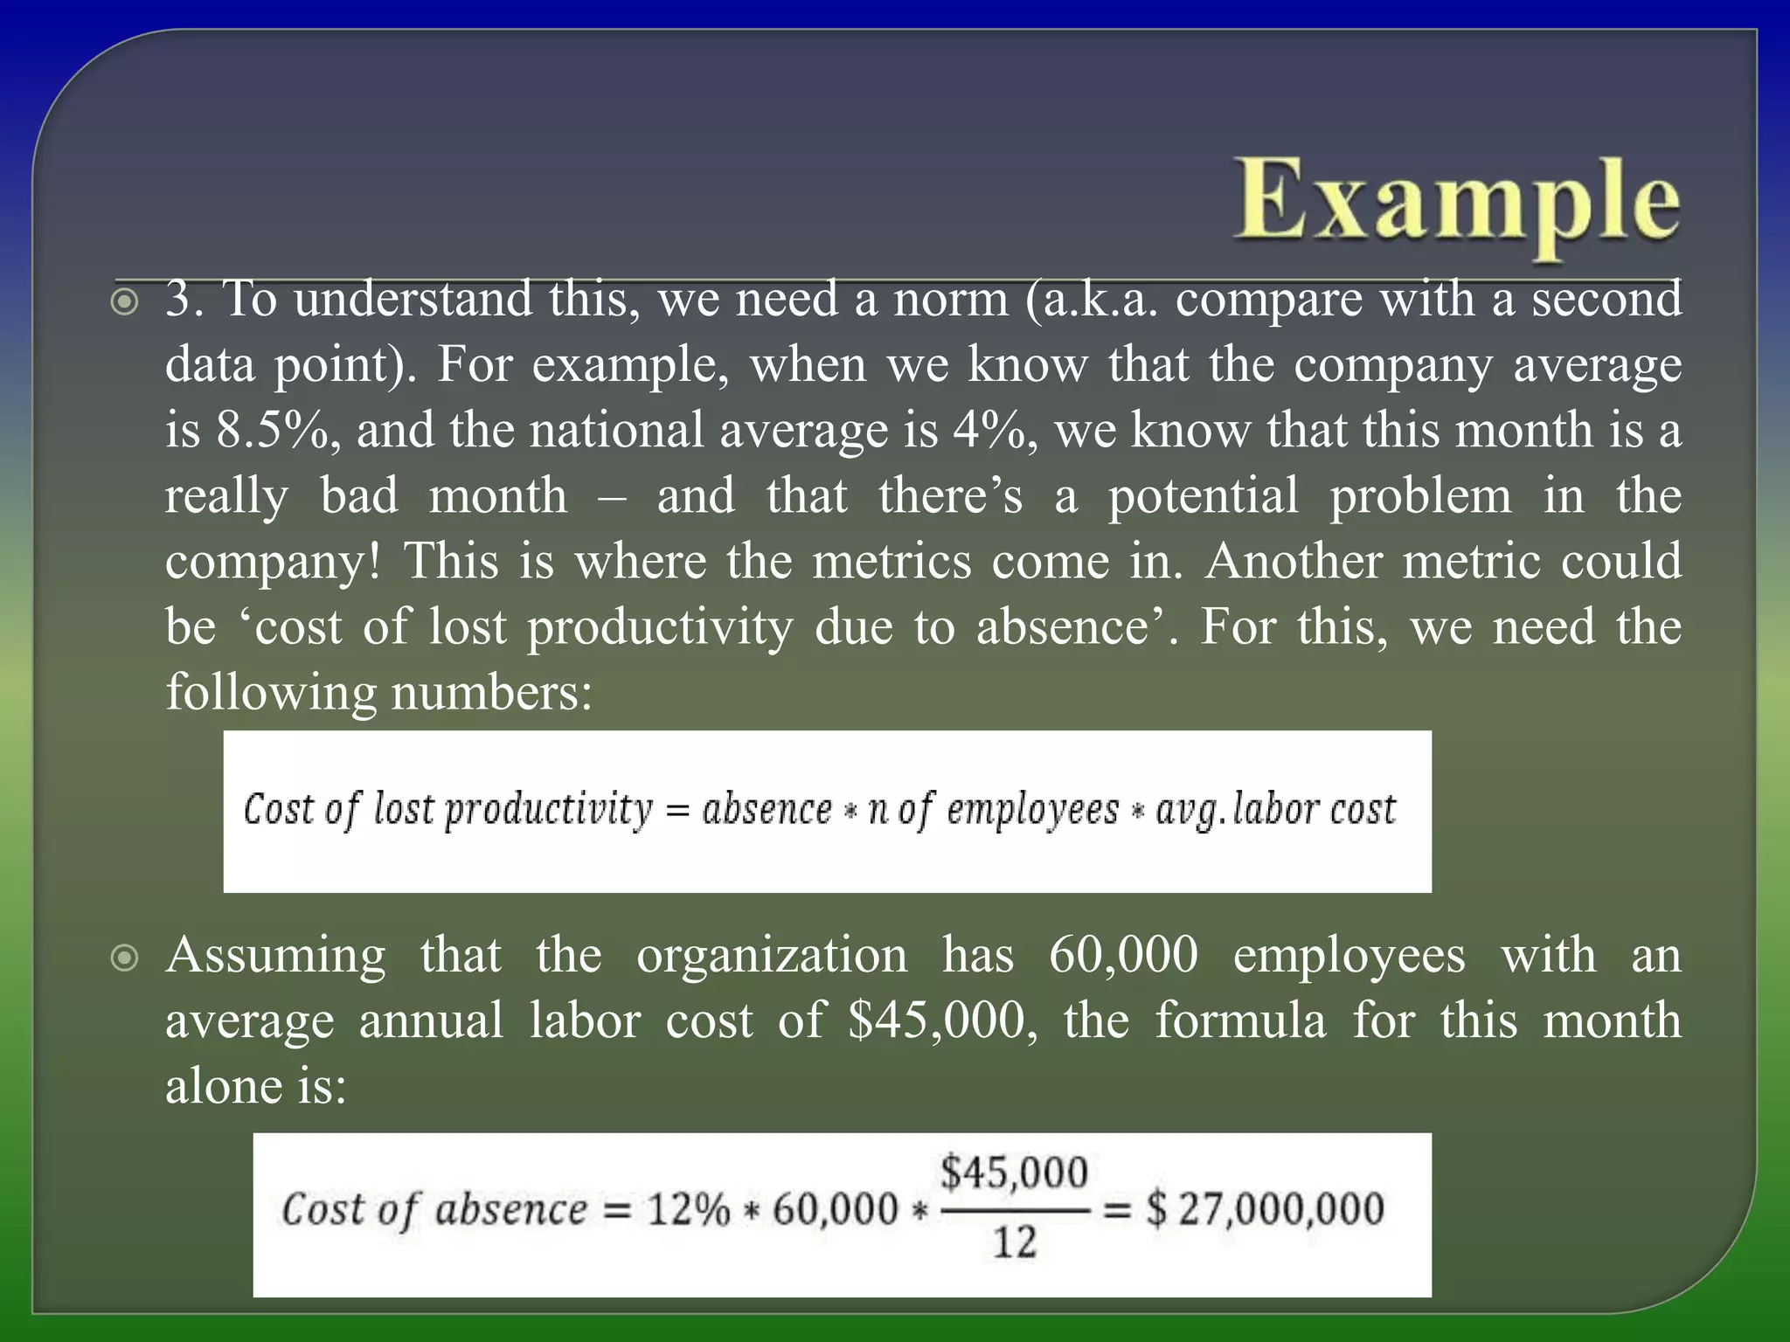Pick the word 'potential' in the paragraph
[x=1203, y=495]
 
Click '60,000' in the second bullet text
[x=1123, y=954]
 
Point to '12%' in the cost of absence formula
[x=688, y=1210]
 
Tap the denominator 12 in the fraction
[x=1014, y=1242]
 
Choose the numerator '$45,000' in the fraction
[x=1014, y=1173]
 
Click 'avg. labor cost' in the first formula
[x=1275, y=810]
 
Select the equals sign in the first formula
[x=677, y=811]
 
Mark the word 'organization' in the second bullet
[x=772, y=954]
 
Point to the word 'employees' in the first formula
[x=1032, y=810]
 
